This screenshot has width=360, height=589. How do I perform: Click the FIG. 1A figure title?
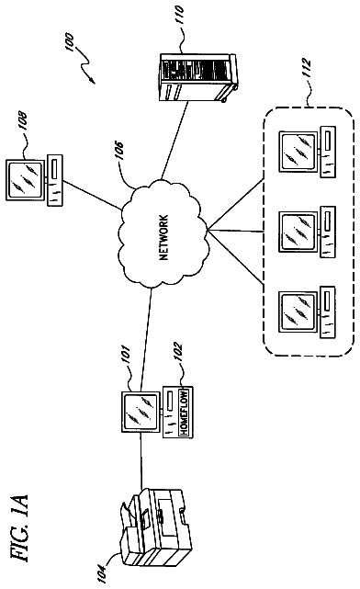tap(18, 527)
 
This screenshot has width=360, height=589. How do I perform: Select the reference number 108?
tap(24, 119)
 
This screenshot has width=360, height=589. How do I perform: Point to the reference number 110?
tap(179, 14)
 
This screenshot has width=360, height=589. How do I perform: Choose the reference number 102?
tap(177, 351)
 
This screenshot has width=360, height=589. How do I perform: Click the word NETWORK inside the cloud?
tap(164, 238)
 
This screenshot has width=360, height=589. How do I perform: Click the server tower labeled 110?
tap(197, 77)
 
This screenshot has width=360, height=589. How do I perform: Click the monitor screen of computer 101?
tap(140, 412)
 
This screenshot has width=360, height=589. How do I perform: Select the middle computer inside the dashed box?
tap(307, 232)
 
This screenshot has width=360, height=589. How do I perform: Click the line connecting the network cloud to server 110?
tap(174, 140)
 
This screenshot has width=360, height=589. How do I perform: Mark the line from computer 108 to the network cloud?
tap(93, 195)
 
